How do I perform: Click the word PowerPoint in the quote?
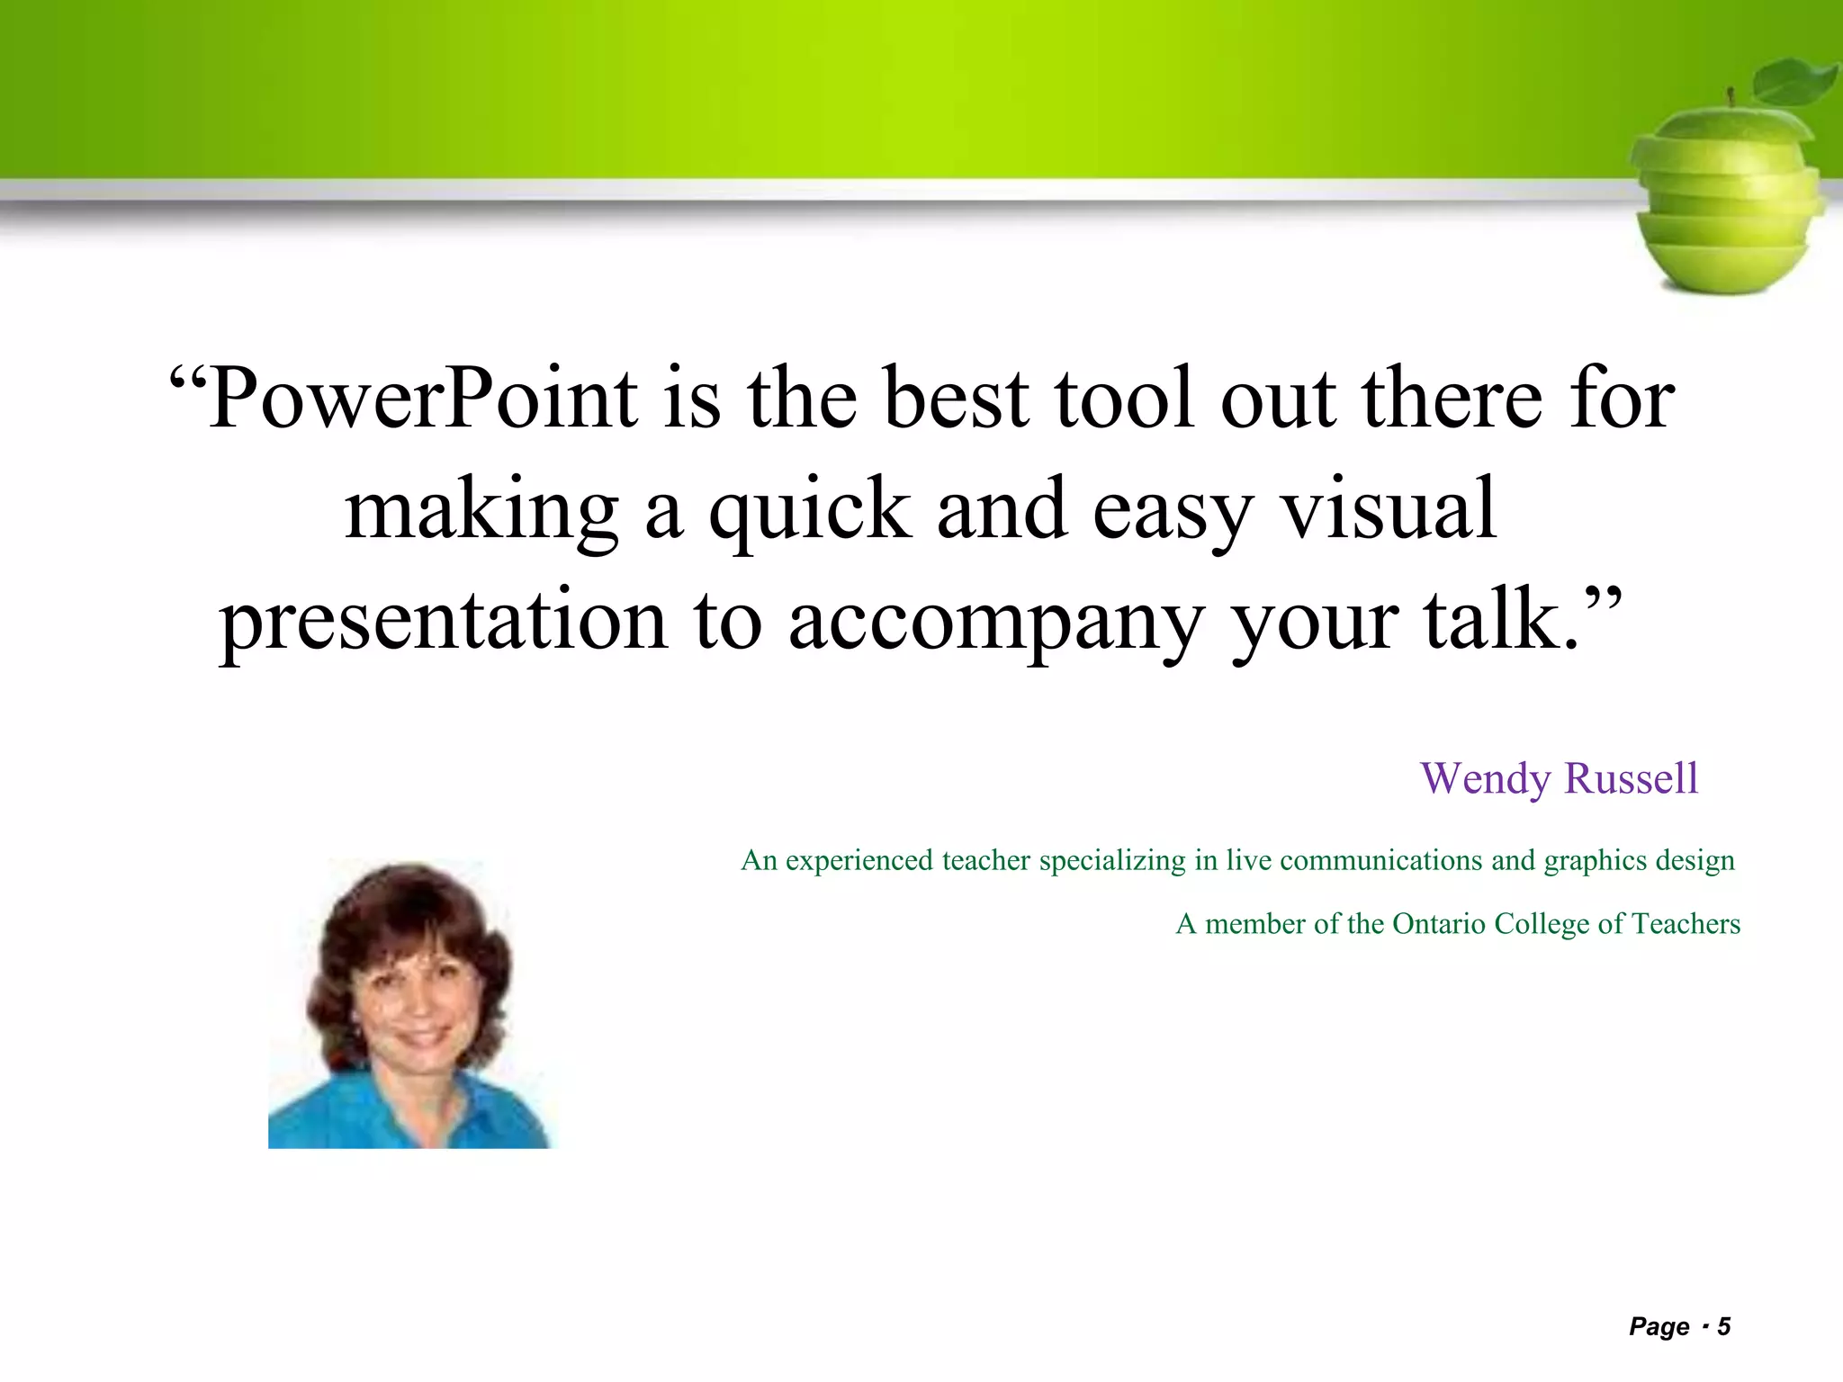(423, 399)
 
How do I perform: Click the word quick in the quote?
(810, 510)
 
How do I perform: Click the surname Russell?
(1632, 779)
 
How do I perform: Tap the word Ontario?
(1439, 924)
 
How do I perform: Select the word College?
(1542, 924)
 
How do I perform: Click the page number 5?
(1723, 1327)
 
